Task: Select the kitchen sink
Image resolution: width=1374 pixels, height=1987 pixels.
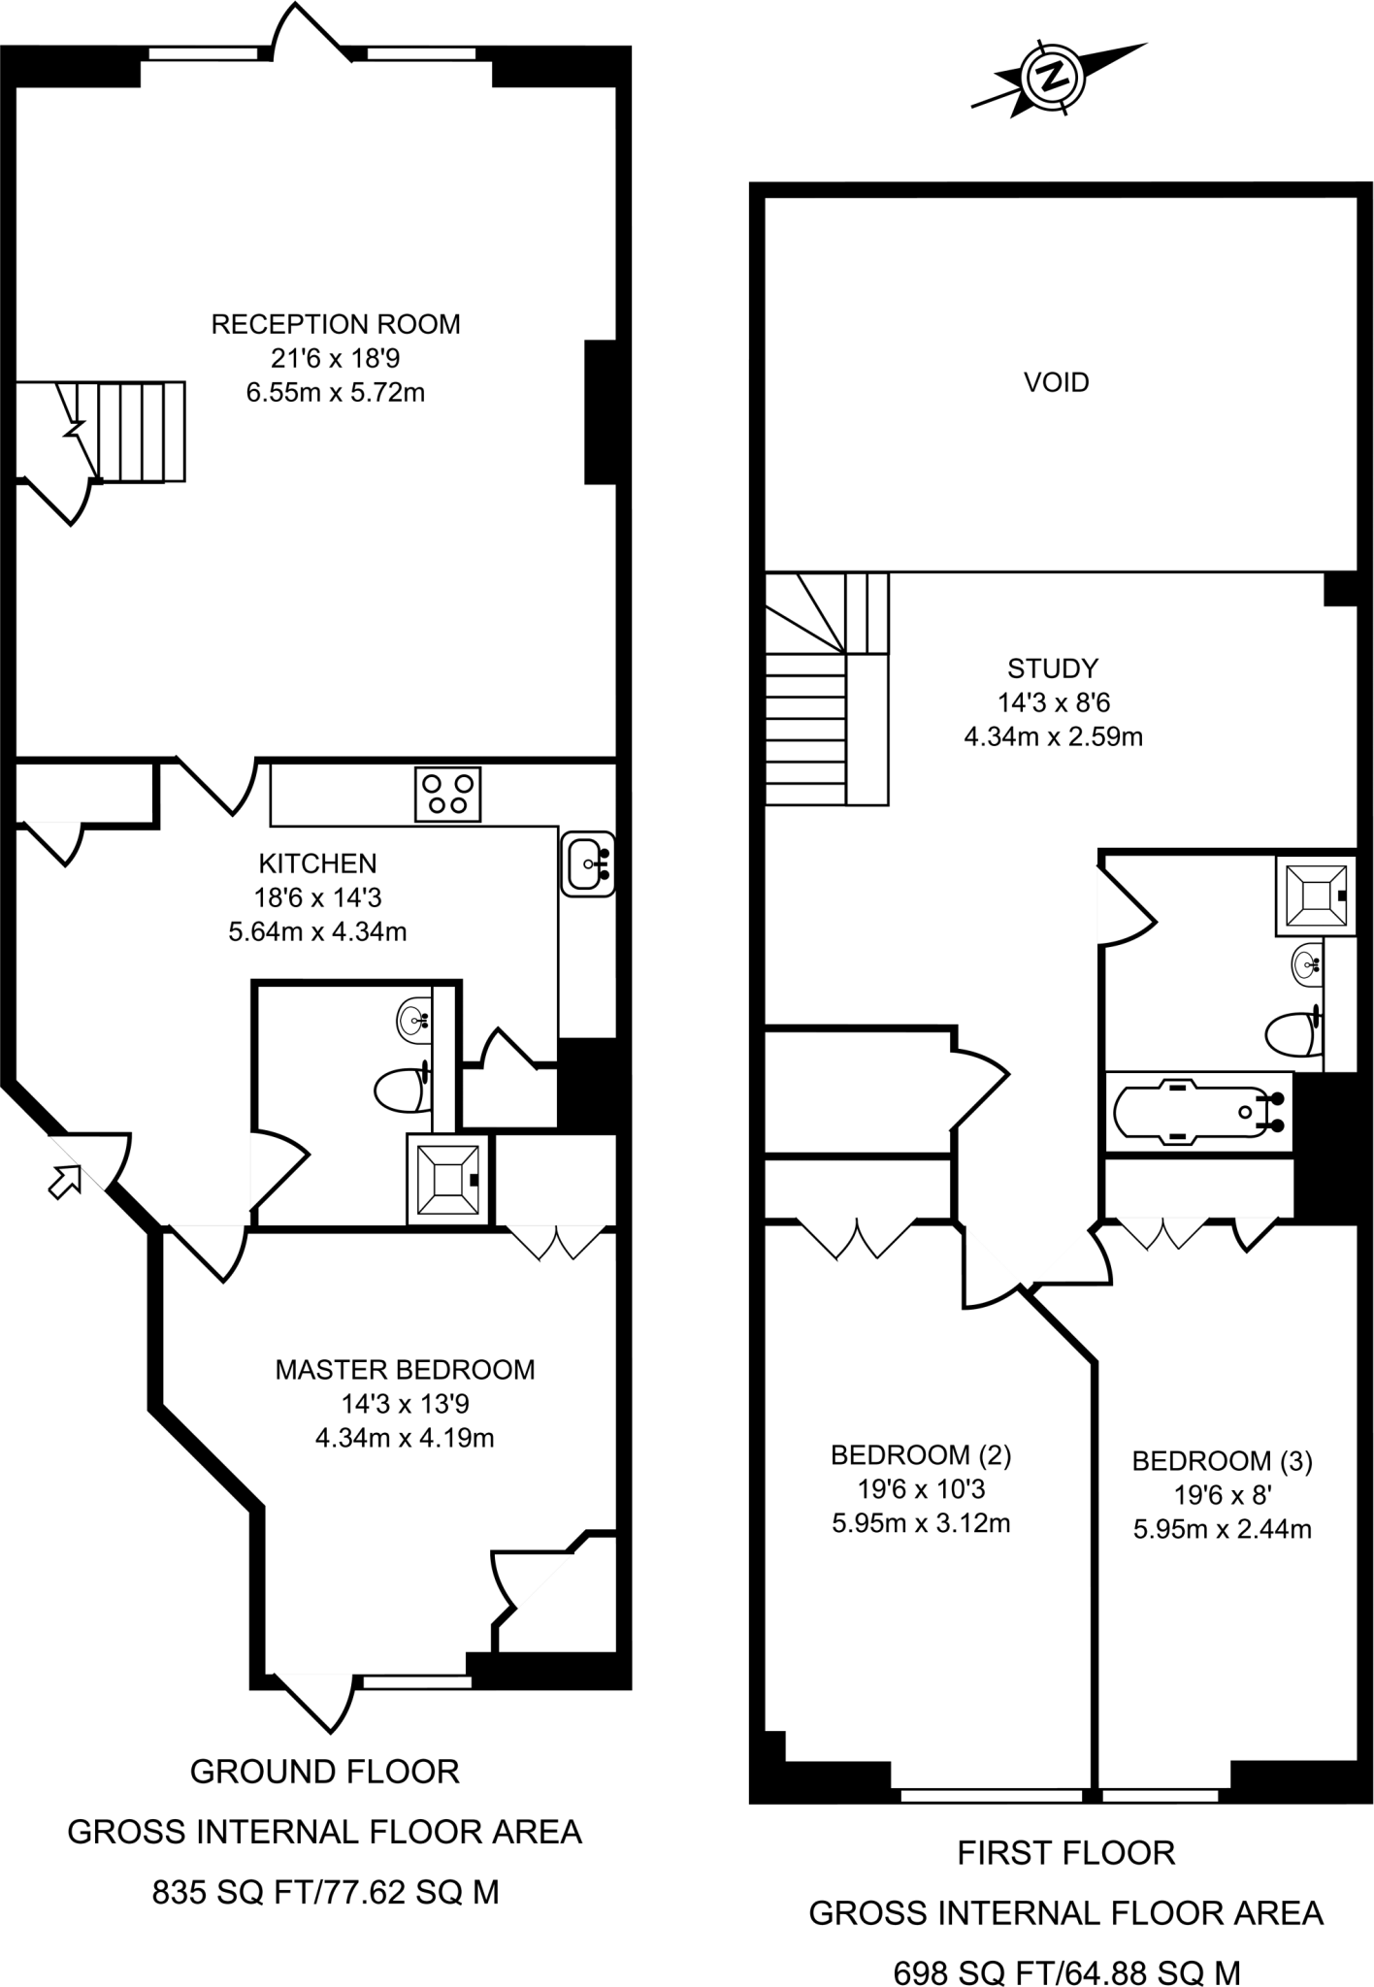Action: click(x=588, y=863)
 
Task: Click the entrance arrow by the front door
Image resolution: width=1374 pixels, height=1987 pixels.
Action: click(x=65, y=1182)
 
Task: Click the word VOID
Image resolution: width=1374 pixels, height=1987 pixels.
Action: click(x=1057, y=382)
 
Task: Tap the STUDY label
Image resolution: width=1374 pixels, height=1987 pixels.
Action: click(x=1053, y=668)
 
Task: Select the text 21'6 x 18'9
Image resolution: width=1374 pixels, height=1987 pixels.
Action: click(x=336, y=358)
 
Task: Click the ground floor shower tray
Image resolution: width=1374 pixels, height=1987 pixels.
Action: click(x=448, y=1180)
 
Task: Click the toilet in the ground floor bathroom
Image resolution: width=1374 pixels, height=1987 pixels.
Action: click(x=403, y=1090)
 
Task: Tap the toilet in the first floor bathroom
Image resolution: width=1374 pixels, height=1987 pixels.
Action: click(x=1293, y=1034)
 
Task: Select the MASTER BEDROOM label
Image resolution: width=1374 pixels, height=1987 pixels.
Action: click(x=405, y=1369)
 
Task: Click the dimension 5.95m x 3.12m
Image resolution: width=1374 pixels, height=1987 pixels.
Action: click(x=921, y=1522)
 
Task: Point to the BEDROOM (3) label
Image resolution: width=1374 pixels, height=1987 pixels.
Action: click(x=1222, y=1460)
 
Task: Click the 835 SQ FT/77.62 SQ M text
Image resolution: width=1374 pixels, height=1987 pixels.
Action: click(x=325, y=1891)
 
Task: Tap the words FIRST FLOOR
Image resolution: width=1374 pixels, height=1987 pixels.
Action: click(x=1065, y=1853)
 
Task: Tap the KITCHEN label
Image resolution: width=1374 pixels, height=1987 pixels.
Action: click(x=317, y=863)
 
